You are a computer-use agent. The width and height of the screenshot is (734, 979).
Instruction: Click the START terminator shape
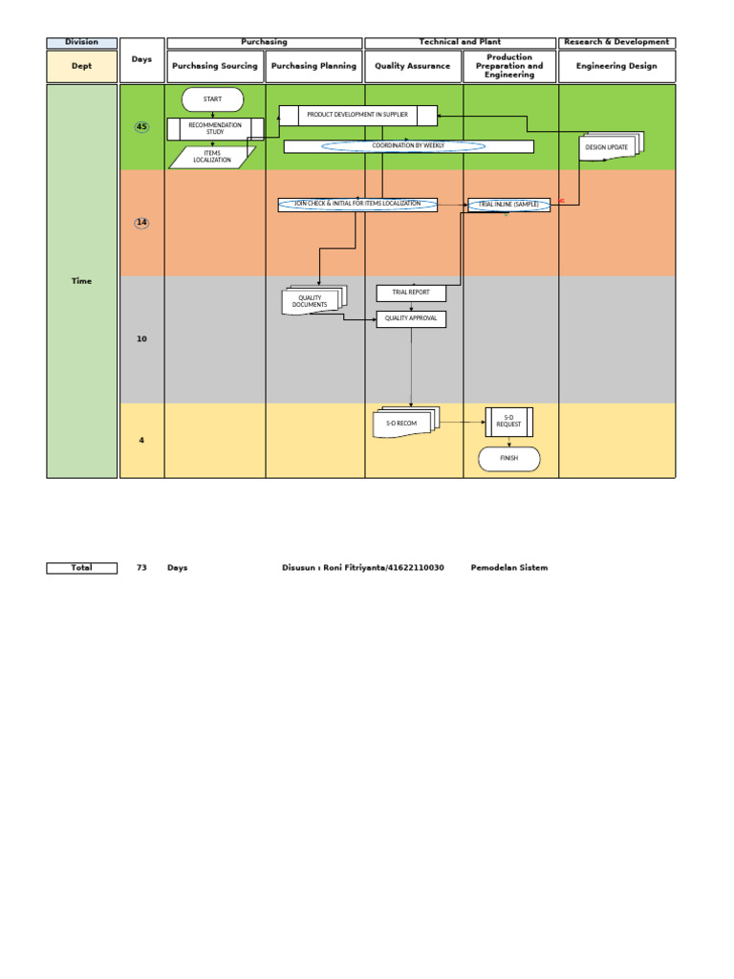click(x=212, y=99)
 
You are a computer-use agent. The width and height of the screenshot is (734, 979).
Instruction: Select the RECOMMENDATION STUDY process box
click(x=214, y=129)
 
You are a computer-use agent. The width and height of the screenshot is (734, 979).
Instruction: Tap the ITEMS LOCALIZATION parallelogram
click(x=212, y=157)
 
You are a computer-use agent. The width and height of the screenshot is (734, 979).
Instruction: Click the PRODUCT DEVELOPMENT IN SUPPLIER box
click(x=357, y=116)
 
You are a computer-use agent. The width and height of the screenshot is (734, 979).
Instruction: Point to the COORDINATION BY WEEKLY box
click(x=408, y=146)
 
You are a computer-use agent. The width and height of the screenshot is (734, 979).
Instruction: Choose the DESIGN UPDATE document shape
click(x=609, y=147)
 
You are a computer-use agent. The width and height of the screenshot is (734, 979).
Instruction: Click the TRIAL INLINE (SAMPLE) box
click(x=508, y=205)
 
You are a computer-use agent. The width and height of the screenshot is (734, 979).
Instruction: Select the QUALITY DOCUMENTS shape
click(x=312, y=302)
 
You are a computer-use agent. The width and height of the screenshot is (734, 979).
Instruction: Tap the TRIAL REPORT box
click(x=411, y=294)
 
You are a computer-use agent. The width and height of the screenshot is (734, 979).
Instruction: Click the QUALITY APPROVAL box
click(x=411, y=318)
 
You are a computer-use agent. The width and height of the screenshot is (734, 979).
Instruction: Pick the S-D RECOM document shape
click(x=402, y=423)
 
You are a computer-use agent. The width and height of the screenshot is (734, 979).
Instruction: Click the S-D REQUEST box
click(x=508, y=422)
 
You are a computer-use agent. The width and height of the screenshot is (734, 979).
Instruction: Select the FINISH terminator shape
click(x=508, y=459)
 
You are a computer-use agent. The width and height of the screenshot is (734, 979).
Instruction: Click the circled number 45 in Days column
click(x=141, y=127)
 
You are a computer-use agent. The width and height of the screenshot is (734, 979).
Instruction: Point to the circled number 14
click(x=141, y=223)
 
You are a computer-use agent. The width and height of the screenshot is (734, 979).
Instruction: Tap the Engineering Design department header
click(x=616, y=66)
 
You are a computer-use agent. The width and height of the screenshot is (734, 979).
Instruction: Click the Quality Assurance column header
click(x=413, y=66)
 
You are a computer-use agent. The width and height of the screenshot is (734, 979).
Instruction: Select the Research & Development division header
click(x=616, y=43)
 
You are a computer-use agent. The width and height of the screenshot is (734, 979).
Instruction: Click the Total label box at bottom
click(x=81, y=568)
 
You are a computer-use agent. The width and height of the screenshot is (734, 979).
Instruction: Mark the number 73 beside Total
click(x=141, y=568)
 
